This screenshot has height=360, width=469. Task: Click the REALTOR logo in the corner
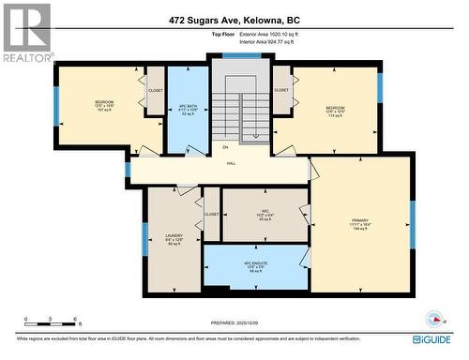pyautogui.click(x=27, y=32)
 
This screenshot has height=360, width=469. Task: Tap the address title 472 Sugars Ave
pyautogui.click(x=234, y=19)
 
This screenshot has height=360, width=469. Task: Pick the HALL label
pyautogui.click(x=231, y=163)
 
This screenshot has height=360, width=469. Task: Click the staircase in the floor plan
pyautogui.click(x=239, y=108)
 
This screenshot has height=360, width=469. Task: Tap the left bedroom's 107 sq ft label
pyautogui.click(x=104, y=111)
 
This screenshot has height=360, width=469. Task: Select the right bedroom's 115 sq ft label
pyautogui.click(x=335, y=115)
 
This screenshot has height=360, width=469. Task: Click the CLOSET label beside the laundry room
pyautogui.click(x=211, y=215)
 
